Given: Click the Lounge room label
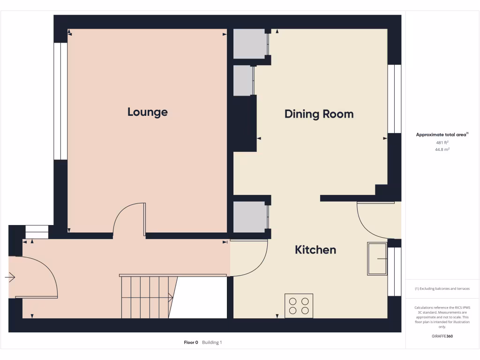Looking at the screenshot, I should point(147,112).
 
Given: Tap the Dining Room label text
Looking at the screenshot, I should point(319,114).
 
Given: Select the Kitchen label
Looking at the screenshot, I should point(315,250).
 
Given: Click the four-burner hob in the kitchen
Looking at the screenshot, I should point(299,306).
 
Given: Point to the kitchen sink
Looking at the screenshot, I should point(377,259).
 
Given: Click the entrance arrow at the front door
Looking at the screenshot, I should point(10,277).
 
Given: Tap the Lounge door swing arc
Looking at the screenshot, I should point(127,217).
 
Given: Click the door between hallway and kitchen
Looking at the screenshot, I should point(251,258).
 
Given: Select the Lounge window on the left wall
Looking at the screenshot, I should point(60,101).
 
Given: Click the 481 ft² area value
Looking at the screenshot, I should point(442,142).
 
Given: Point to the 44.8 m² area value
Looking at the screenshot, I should point(442,149).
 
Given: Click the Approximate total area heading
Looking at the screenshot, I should point(442,135).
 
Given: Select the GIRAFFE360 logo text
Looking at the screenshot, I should point(442,336).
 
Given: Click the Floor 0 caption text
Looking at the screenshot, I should point(191,343).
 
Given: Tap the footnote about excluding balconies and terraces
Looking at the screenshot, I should point(442,289).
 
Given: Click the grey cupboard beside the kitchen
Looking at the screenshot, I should point(249,217).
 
